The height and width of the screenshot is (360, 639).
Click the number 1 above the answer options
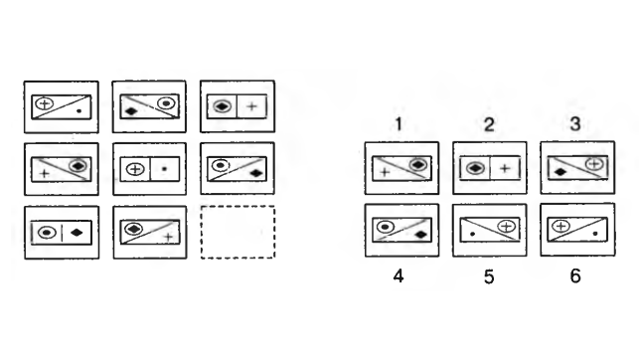(399, 123)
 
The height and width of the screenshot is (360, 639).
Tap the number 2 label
(489, 124)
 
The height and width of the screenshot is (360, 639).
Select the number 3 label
(575, 123)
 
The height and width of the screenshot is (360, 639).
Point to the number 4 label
(399, 276)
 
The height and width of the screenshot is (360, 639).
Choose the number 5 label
(489, 276)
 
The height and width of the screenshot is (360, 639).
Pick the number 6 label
(575, 276)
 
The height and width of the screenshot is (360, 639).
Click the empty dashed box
(238, 232)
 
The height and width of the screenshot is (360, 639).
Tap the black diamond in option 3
(560, 172)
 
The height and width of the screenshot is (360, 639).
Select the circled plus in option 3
(594, 164)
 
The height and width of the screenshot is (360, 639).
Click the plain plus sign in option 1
(385, 172)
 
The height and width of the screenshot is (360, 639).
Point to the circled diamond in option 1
(417, 165)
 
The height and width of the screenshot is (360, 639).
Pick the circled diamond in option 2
(475, 167)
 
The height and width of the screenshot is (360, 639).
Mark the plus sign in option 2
(505, 167)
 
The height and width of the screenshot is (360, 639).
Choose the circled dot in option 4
(386, 227)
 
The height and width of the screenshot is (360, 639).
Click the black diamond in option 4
(420, 235)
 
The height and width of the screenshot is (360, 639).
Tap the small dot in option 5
(472, 234)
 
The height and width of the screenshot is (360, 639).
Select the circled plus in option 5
(507, 227)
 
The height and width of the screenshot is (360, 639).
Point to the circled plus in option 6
(560, 226)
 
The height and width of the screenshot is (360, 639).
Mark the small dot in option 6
(595, 234)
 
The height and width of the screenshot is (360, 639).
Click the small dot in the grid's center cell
(165, 168)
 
